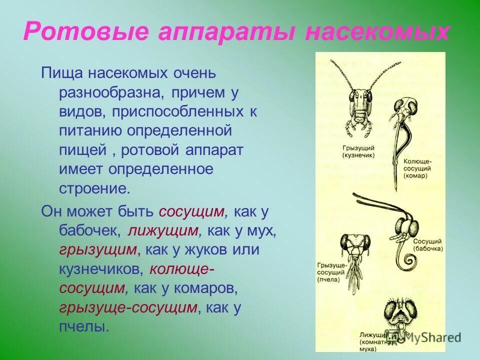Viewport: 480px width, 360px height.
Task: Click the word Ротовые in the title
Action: (x=86, y=32)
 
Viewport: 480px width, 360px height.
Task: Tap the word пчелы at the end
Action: (x=83, y=327)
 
